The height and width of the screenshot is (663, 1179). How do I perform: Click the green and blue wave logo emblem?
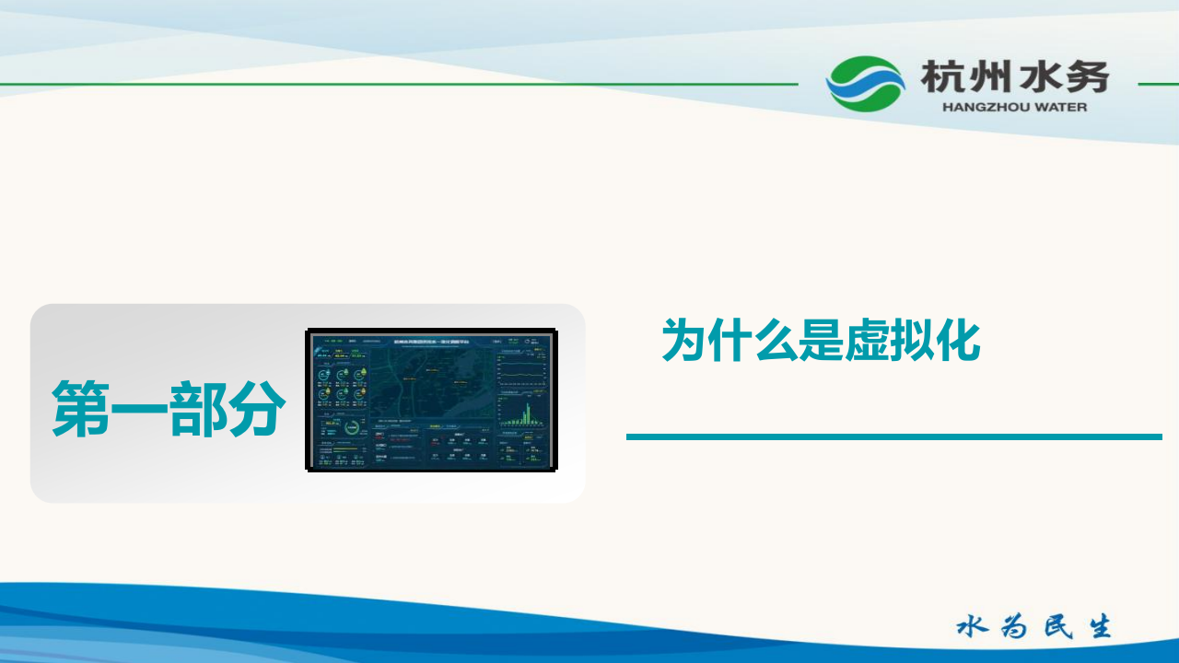pyautogui.click(x=865, y=84)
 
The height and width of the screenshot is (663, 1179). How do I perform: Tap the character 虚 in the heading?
pyautogui.click(x=866, y=341)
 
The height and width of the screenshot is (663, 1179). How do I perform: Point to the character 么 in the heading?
pyautogui.click(x=775, y=341)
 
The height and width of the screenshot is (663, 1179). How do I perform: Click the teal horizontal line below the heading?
pyautogui.click(x=893, y=436)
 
